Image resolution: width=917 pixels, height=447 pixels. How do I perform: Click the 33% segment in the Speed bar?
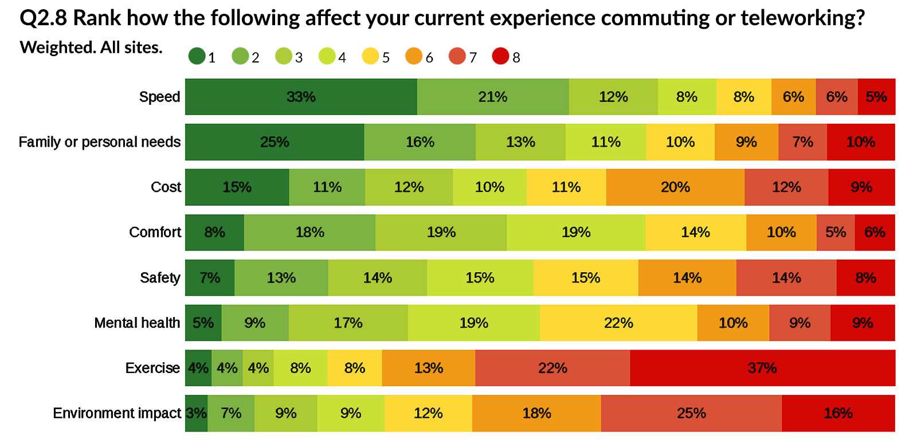pos(301,97)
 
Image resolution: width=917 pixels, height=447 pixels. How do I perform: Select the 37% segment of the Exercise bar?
pos(762,368)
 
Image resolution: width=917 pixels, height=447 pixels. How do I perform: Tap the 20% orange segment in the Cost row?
pos(675,187)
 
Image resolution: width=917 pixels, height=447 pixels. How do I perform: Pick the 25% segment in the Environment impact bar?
pos(691,413)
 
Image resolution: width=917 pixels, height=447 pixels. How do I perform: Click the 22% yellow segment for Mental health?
pos(618,323)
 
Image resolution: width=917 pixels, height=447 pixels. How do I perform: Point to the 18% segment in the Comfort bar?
pos(309,233)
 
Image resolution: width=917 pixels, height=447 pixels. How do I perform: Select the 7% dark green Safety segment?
pos(210,278)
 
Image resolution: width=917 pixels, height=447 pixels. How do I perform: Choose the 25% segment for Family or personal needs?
pos(275,142)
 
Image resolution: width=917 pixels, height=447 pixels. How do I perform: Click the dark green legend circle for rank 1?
pos(197,56)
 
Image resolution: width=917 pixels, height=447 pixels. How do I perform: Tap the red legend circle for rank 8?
pos(500,56)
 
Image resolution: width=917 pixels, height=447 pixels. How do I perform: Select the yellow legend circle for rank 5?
pos(370,56)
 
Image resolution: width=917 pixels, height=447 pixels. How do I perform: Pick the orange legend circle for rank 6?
pos(414,56)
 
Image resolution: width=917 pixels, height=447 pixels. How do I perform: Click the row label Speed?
pos(159,97)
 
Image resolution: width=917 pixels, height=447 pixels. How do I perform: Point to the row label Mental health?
pos(137,323)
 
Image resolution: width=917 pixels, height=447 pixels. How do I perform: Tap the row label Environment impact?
pos(117,413)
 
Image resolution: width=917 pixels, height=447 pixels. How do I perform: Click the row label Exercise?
pos(152,368)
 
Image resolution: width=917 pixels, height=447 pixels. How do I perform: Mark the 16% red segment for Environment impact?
pos(838,413)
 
